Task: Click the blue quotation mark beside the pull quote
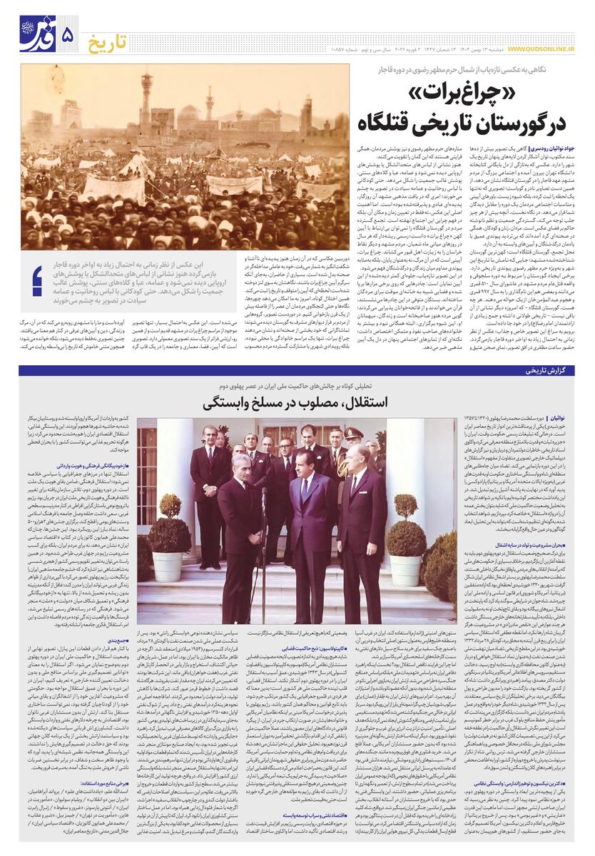pyautogui.click(x=37, y=280)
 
